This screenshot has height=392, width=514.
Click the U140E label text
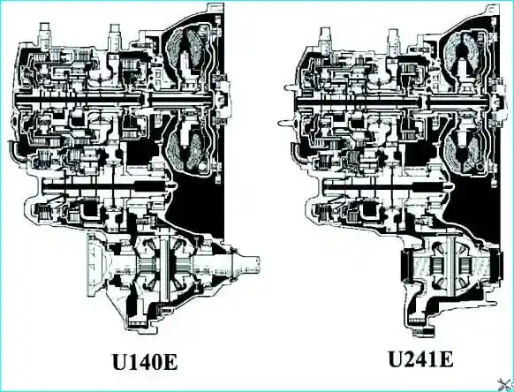(145, 361)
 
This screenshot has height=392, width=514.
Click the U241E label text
(421, 359)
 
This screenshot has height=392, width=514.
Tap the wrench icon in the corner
(505, 384)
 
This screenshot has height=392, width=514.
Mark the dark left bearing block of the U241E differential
(406, 265)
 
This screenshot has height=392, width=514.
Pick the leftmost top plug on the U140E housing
(44, 33)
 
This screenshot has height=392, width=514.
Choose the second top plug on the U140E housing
(114, 34)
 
